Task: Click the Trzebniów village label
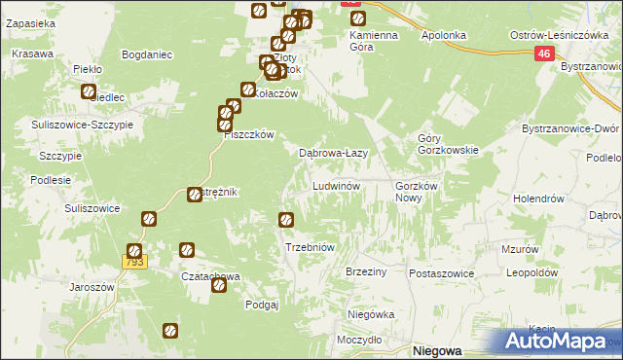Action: [x=310, y=247]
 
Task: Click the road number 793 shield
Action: [x=134, y=262]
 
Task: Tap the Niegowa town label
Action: [x=436, y=350]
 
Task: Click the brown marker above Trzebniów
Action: [x=286, y=220]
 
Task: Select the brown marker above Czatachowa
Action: [x=185, y=251]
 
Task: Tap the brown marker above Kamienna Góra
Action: [x=357, y=18]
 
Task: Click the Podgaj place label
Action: [x=262, y=305]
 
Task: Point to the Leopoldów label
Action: [x=531, y=273]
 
